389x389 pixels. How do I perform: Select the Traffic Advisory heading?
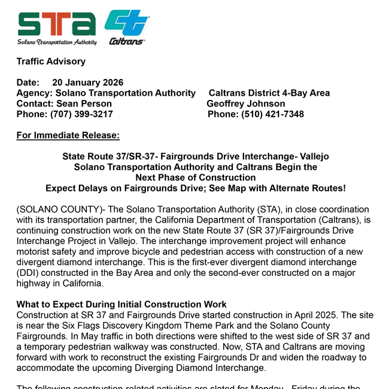pos(51,62)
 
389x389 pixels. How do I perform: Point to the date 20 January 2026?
pos(87,83)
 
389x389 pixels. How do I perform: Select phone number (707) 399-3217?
pos(81,114)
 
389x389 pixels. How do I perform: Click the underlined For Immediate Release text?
pos(68,135)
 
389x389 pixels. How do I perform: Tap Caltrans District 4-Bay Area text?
pos(269,93)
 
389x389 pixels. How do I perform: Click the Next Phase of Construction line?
pos(195,178)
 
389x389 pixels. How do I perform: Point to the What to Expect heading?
pos(121,304)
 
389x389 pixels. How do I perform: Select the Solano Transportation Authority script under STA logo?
pos(57,42)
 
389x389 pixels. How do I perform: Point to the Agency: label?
pos(35,93)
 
